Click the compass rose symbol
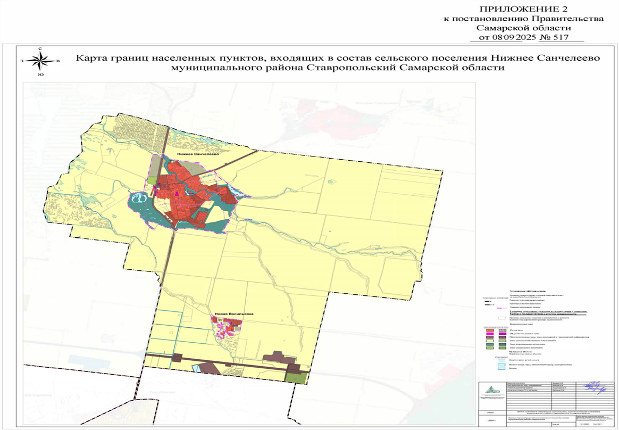point(40,61)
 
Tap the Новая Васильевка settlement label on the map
point(234,314)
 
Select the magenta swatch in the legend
point(501,333)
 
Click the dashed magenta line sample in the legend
point(499,308)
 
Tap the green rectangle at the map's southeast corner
point(296,377)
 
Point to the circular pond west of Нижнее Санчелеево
point(138,200)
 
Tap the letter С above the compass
point(40,49)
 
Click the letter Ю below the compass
point(40,75)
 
